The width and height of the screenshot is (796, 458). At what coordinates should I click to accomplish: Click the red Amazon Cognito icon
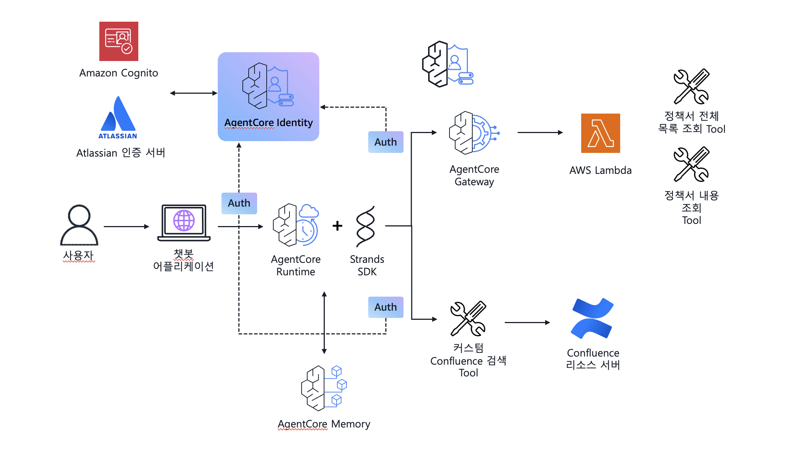tap(118, 41)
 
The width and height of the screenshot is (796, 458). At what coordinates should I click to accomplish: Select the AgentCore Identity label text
tap(269, 123)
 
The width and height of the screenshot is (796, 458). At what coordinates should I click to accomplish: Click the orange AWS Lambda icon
tap(600, 133)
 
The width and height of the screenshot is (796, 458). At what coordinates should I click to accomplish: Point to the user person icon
tap(79, 225)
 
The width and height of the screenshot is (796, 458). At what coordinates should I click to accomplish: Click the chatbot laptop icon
tap(184, 223)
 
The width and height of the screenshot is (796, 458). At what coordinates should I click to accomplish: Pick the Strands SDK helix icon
tap(366, 226)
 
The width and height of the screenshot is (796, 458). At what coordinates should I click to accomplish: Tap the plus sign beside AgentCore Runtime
tap(337, 226)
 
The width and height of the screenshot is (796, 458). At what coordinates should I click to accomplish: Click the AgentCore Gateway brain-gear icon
tap(474, 133)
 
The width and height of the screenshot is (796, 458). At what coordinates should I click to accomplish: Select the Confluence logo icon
tap(592, 318)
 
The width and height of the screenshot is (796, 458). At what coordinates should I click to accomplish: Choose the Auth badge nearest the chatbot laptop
tap(239, 203)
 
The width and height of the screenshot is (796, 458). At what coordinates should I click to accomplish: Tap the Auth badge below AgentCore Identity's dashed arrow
tap(385, 142)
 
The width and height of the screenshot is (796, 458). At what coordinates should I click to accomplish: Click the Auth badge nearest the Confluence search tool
tap(385, 307)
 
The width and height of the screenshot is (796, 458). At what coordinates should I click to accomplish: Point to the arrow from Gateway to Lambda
tap(540, 132)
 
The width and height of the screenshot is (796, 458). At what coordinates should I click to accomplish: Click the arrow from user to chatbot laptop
tap(126, 226)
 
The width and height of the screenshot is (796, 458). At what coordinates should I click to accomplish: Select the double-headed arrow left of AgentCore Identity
tap(193, 93)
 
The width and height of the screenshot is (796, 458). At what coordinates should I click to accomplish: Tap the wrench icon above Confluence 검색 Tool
tap(468, 319)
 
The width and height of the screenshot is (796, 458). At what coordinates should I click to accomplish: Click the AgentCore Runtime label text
tap(296, 265)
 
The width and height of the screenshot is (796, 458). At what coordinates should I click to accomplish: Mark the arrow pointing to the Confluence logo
tap(527, 322)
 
